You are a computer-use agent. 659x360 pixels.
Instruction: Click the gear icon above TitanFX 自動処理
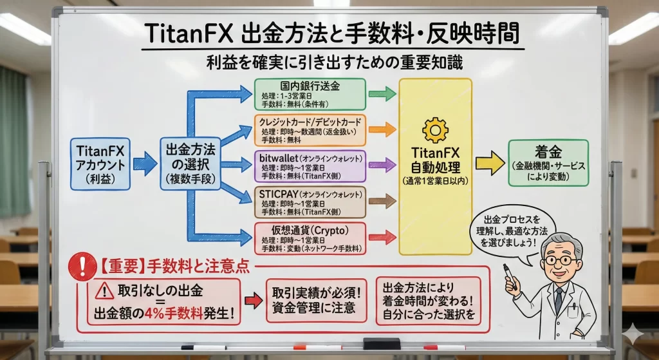click(434, 130)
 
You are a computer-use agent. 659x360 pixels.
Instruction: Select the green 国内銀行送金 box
click(310, 94)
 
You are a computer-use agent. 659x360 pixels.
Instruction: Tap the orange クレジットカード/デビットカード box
click(310, 129)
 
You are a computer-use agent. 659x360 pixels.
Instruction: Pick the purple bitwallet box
click(310, 166)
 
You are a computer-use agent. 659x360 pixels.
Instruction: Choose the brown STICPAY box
click(310, 202)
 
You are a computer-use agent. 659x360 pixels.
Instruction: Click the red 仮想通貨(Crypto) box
click(310, 238)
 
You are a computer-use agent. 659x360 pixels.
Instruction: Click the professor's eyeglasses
click(559, 260)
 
